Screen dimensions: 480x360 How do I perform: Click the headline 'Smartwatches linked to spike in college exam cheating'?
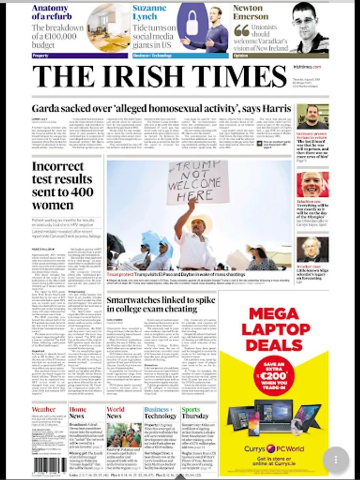point(151,304)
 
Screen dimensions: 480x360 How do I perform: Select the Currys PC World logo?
point(275,449)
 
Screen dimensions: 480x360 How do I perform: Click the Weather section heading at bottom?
point(43,410)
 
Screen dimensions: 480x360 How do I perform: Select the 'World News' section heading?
point(115,412)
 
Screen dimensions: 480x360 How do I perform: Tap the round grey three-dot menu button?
point(335,459)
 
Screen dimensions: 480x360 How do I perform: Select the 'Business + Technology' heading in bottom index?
point(159,412)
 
